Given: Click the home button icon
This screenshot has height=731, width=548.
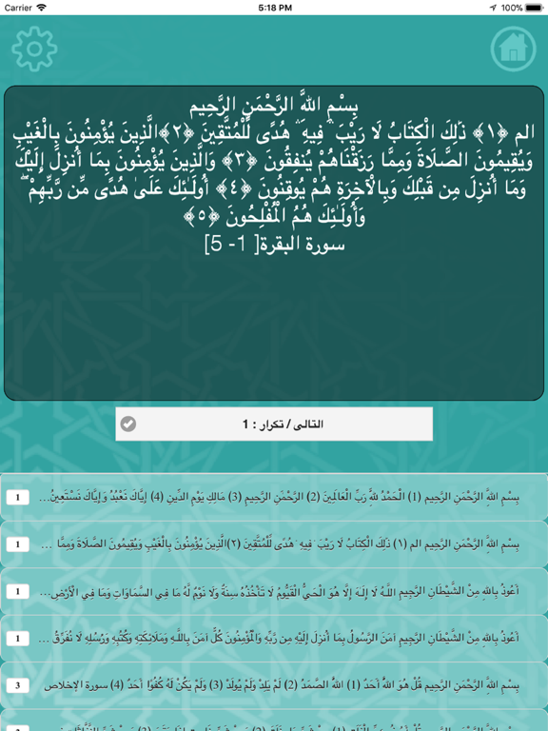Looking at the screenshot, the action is [513, 47].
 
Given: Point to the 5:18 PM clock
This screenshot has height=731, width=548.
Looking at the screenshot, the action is [274, 8].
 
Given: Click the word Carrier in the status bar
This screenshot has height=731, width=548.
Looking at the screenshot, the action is [18, 8].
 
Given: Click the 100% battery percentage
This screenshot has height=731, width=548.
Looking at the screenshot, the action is [511, 8].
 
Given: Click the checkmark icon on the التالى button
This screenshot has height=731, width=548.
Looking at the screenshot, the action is [128, 425].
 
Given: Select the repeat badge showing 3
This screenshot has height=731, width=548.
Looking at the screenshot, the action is [17, 684].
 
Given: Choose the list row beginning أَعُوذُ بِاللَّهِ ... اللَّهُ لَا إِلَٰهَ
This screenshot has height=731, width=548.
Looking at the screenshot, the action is [285, 591].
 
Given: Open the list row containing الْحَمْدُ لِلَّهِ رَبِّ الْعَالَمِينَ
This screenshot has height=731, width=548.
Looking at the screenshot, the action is [285, 498].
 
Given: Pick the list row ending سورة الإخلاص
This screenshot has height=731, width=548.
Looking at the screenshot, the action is [285, 684].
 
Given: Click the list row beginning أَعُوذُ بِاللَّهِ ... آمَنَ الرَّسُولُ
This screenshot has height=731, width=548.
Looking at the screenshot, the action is [285, 638].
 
